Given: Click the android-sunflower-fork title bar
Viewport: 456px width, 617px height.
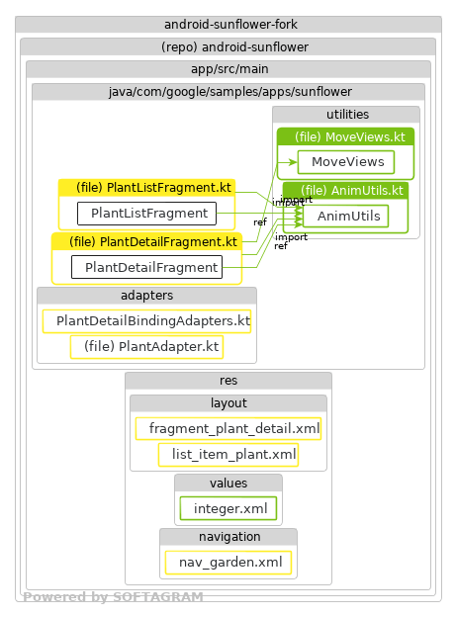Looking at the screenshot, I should [x=228, y=25].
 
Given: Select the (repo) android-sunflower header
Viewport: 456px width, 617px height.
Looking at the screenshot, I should [x=228, y=46].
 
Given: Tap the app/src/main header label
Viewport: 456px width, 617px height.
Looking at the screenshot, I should [x=228, y=68].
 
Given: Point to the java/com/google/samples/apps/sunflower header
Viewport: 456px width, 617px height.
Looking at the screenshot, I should [x=228, y=91].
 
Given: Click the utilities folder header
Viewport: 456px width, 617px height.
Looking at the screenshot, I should [x=346, y=115].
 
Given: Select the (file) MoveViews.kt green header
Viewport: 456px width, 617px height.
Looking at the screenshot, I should [x=345, y=136].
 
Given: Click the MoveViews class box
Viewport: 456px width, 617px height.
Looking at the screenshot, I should [x=346, y=161].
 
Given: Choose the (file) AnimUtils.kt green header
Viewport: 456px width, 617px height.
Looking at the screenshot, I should [x=345, y=190].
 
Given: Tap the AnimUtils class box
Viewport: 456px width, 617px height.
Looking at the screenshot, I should [x=345, y=216].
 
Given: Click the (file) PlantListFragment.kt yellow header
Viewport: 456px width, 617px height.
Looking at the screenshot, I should [x=147, y=187].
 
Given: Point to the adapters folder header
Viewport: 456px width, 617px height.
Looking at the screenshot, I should [x=146, y=296].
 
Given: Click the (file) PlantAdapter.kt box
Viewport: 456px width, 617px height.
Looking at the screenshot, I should [x=146, y=347].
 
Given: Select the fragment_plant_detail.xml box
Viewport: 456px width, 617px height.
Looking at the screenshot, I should [x=228, y=429].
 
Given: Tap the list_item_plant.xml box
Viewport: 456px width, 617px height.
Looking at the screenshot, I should [x=228, y=455].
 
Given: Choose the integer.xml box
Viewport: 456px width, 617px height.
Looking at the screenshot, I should [x=228, y=508].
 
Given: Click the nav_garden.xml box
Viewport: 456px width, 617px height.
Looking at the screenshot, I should [x=228, y=563].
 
